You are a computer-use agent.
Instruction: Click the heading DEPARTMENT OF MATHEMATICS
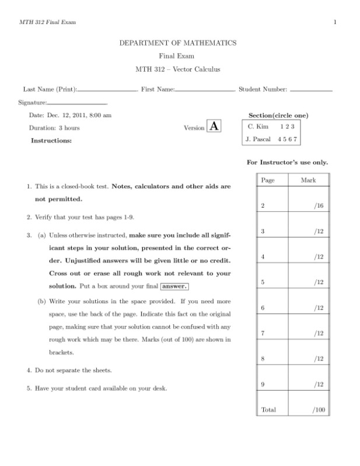[x=177, y=43]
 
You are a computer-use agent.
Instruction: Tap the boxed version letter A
[x=214, y=127]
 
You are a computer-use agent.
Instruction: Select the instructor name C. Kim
[x=257, y=127]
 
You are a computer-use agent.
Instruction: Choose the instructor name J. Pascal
[x=258, y=139]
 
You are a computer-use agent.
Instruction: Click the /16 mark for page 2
[x=318, y=206]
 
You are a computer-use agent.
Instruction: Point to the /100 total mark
[x=318, y=410]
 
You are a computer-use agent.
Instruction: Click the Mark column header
[x=308, y=180]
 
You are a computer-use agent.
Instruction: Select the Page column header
[x=268, y=180]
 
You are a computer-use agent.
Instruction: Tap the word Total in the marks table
[x=268, y=410]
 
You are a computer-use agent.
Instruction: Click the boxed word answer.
[x=174, y=286]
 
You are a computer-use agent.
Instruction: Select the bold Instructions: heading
[x=51, y=140]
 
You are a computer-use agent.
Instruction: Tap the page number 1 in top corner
[x=335, y=22]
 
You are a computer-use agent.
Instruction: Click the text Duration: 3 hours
[x=54, y=127]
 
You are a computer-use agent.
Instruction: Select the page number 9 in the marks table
[x=263, y=384]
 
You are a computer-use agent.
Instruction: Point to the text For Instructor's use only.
[x=287, y=162]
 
